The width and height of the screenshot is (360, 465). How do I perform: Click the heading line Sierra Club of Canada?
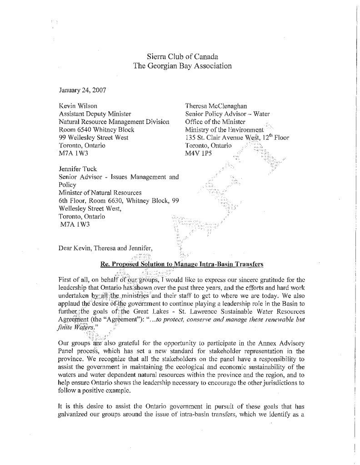pos(182,57)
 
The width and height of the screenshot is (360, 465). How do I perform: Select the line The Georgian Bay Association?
pos(182,66)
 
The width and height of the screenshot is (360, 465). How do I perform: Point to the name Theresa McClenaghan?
pos(215,106)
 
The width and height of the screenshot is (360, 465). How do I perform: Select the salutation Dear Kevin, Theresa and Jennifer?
pos(109,248)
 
